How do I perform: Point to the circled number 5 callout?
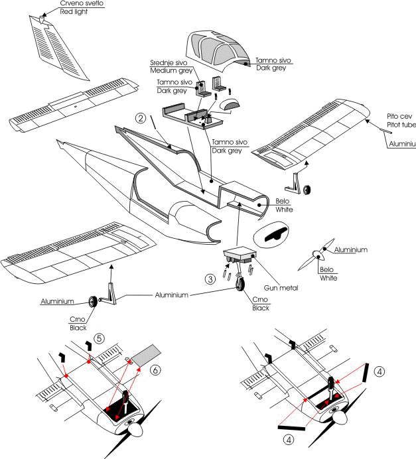click(98, 336)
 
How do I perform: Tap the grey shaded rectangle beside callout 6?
click(148, 354)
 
